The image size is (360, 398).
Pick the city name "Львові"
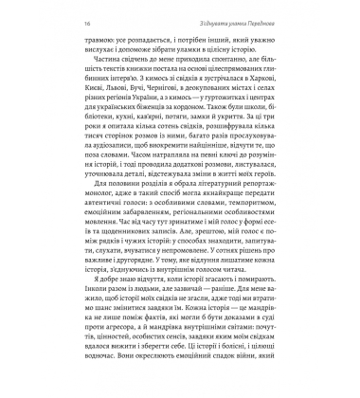[103, 111]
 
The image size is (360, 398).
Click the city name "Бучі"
[130, 111]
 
